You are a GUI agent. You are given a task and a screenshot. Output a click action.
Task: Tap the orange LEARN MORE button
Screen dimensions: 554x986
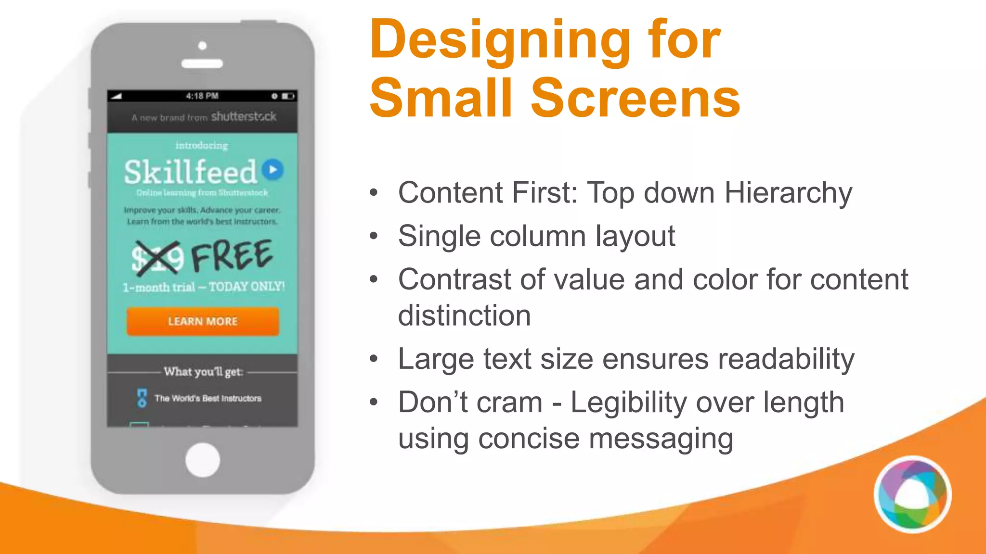[x=203, y=321]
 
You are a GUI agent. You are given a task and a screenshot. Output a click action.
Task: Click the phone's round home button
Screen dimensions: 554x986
[x=203, y=460]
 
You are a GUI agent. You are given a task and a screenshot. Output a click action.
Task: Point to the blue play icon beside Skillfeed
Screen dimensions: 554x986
[x=273, y=170]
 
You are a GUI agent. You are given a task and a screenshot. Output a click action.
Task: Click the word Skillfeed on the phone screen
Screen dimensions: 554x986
[x=191, y=172]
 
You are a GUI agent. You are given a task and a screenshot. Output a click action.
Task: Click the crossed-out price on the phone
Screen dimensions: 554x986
[x=157, y=258]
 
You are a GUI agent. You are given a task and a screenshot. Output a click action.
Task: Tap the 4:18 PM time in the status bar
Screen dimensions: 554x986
[x=202, y=96]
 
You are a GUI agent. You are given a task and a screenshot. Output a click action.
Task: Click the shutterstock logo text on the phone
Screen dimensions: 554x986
[x=244, y=117]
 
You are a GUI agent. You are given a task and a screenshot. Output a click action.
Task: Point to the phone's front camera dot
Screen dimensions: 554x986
[x=202, y=46]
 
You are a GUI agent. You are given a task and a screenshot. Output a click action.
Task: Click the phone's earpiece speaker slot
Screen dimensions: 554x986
[x=202, y=63]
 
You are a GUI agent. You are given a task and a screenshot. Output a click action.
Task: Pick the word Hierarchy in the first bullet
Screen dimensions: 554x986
[x=788, y=193]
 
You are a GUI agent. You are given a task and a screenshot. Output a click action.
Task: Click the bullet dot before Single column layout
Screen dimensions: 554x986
[x=374, y=236]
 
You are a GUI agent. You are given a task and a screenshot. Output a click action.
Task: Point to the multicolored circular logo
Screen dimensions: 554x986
[x=912, y=494]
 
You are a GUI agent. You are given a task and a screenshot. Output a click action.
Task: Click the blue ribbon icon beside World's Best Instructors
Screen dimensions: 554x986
[x=142, y=398]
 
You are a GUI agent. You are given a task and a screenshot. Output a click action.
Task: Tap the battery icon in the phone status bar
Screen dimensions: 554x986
[x=288, y=96]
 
